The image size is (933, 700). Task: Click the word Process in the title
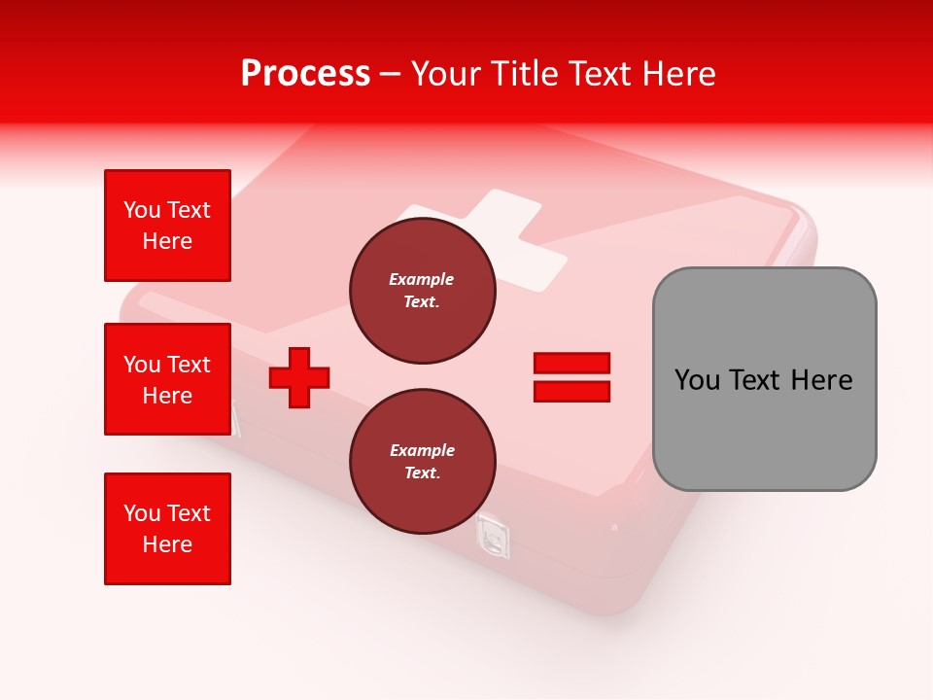click(305, 74)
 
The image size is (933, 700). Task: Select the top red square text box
click(167, 226)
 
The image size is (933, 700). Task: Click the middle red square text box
click(167, 379)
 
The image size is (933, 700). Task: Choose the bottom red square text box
click(167, 529)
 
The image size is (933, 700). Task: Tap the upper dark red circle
click(422, 291)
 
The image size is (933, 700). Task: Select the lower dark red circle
click(422, 462)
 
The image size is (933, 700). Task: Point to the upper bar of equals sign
click(571, 363)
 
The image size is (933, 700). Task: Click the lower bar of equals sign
click(571, 392)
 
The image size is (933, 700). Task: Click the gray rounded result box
click(764, 428)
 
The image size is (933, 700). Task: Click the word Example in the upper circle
click(422, 279)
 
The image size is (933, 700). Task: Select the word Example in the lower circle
click(422, 450)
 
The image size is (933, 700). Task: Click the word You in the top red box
click(142, 210)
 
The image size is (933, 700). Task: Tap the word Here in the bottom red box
click(167, 544)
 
